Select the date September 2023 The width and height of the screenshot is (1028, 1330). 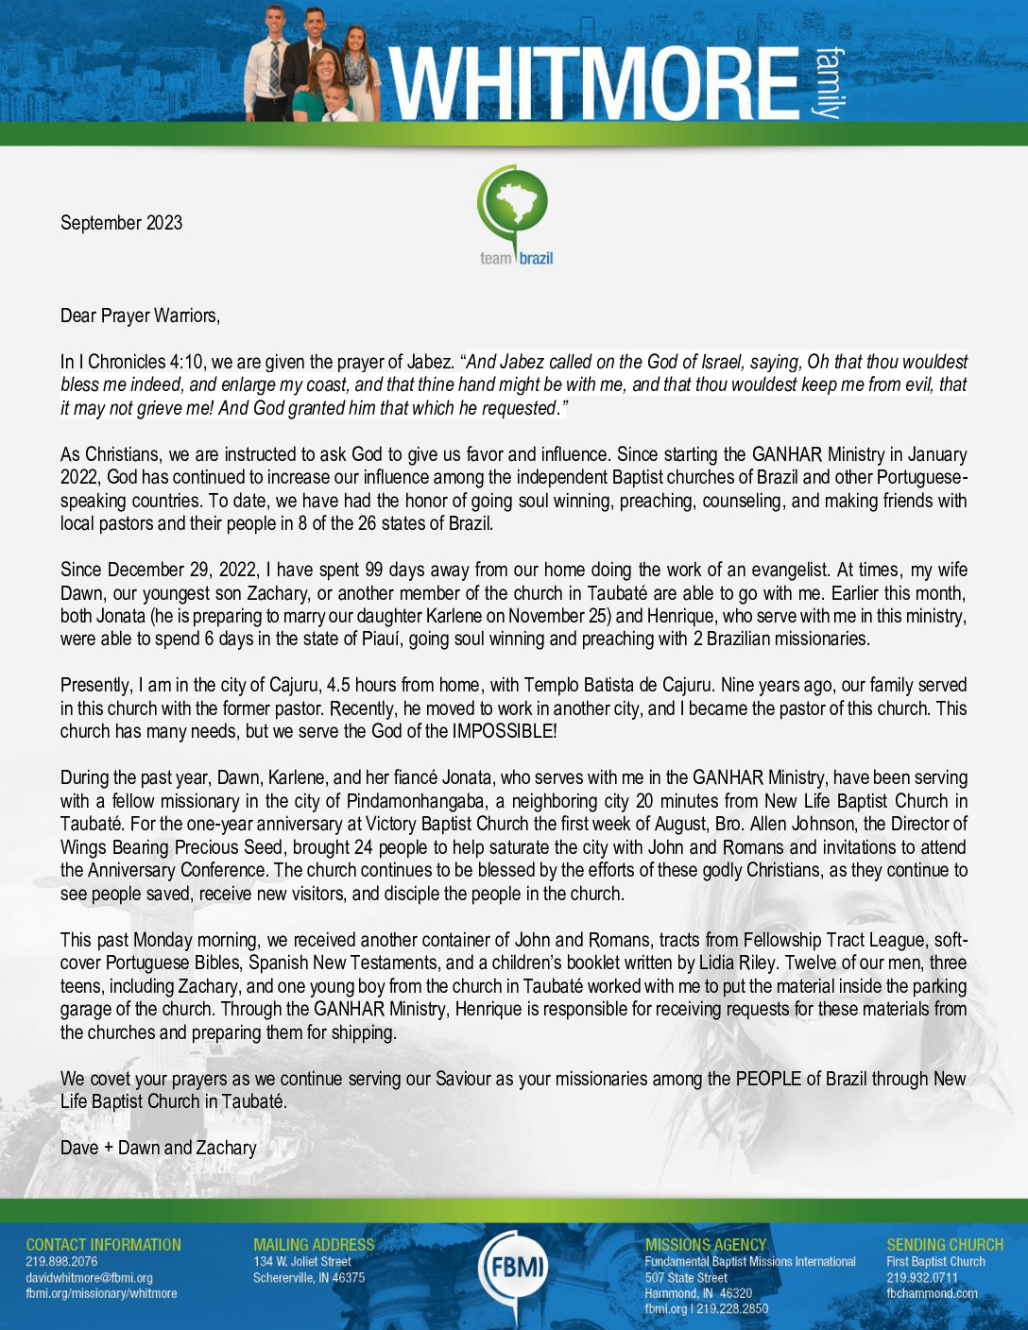[121, 223]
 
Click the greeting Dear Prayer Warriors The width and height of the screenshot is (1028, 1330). [140, 315]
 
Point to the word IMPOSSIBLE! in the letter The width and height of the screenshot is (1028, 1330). [505, 731]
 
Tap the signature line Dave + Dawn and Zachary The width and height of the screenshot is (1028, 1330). [159, 1148]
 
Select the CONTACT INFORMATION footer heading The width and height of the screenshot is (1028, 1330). [103, 1245]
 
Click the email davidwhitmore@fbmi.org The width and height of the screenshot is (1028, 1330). [89, 1278]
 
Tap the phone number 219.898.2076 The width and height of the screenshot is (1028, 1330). [61, 1262]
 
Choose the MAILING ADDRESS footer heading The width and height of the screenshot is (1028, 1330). [314, 1245]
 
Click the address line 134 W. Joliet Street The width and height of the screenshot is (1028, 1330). [301, 1262]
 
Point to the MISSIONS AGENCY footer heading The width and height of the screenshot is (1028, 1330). [706, 1245]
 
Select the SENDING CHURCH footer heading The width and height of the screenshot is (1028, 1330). [945, 1245]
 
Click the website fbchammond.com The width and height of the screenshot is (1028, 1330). [932, 1293]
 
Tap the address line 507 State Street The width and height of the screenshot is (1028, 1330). [686, 1278]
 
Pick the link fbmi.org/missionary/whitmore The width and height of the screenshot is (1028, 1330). [101, 1293]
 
